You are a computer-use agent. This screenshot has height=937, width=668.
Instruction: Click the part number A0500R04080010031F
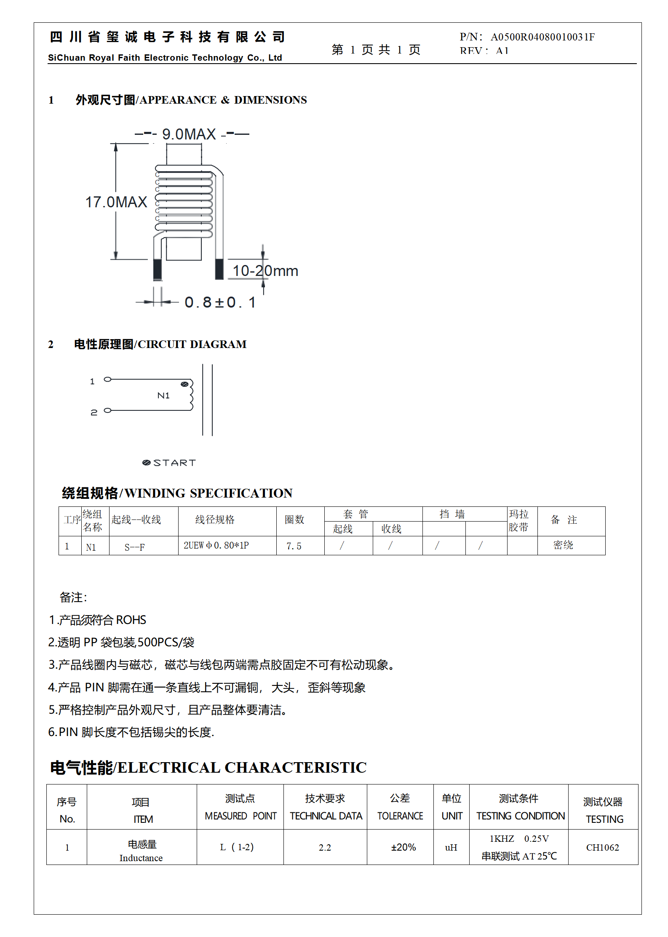coord(542,37)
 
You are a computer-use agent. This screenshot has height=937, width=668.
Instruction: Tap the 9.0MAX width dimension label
coord(189,134)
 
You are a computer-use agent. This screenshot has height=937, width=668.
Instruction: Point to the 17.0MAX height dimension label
coord(116,202)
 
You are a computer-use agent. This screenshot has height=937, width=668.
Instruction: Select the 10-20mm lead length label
coord(265,271)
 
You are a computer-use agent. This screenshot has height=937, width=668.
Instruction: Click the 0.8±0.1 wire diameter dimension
coord(220,303)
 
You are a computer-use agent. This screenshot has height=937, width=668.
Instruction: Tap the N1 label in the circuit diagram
coord(163,396)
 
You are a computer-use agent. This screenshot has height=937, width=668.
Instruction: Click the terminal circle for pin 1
coord(108,380)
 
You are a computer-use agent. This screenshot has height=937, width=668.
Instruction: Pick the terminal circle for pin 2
coord(108,410)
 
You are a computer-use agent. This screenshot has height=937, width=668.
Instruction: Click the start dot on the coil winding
coord(184,384)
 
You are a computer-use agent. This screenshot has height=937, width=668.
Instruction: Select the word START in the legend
coord(174,463)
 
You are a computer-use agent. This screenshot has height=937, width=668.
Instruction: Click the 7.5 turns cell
coord(294,546)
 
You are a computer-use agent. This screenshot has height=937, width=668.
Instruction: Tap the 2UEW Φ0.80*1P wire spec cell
coord(216,546)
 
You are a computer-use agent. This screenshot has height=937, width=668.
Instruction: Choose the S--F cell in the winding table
coord(135,547)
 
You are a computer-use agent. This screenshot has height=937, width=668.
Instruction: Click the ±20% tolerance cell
coord(403,847)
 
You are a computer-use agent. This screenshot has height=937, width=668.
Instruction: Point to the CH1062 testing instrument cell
coord(602,848)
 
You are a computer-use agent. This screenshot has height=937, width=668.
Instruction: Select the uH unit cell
coord(451,848)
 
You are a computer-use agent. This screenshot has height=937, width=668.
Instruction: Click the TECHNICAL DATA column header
coord(326,816)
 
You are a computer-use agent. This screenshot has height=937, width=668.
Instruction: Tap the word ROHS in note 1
coord(131,620)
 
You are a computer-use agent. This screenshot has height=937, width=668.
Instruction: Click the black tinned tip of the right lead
coord(219,269)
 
